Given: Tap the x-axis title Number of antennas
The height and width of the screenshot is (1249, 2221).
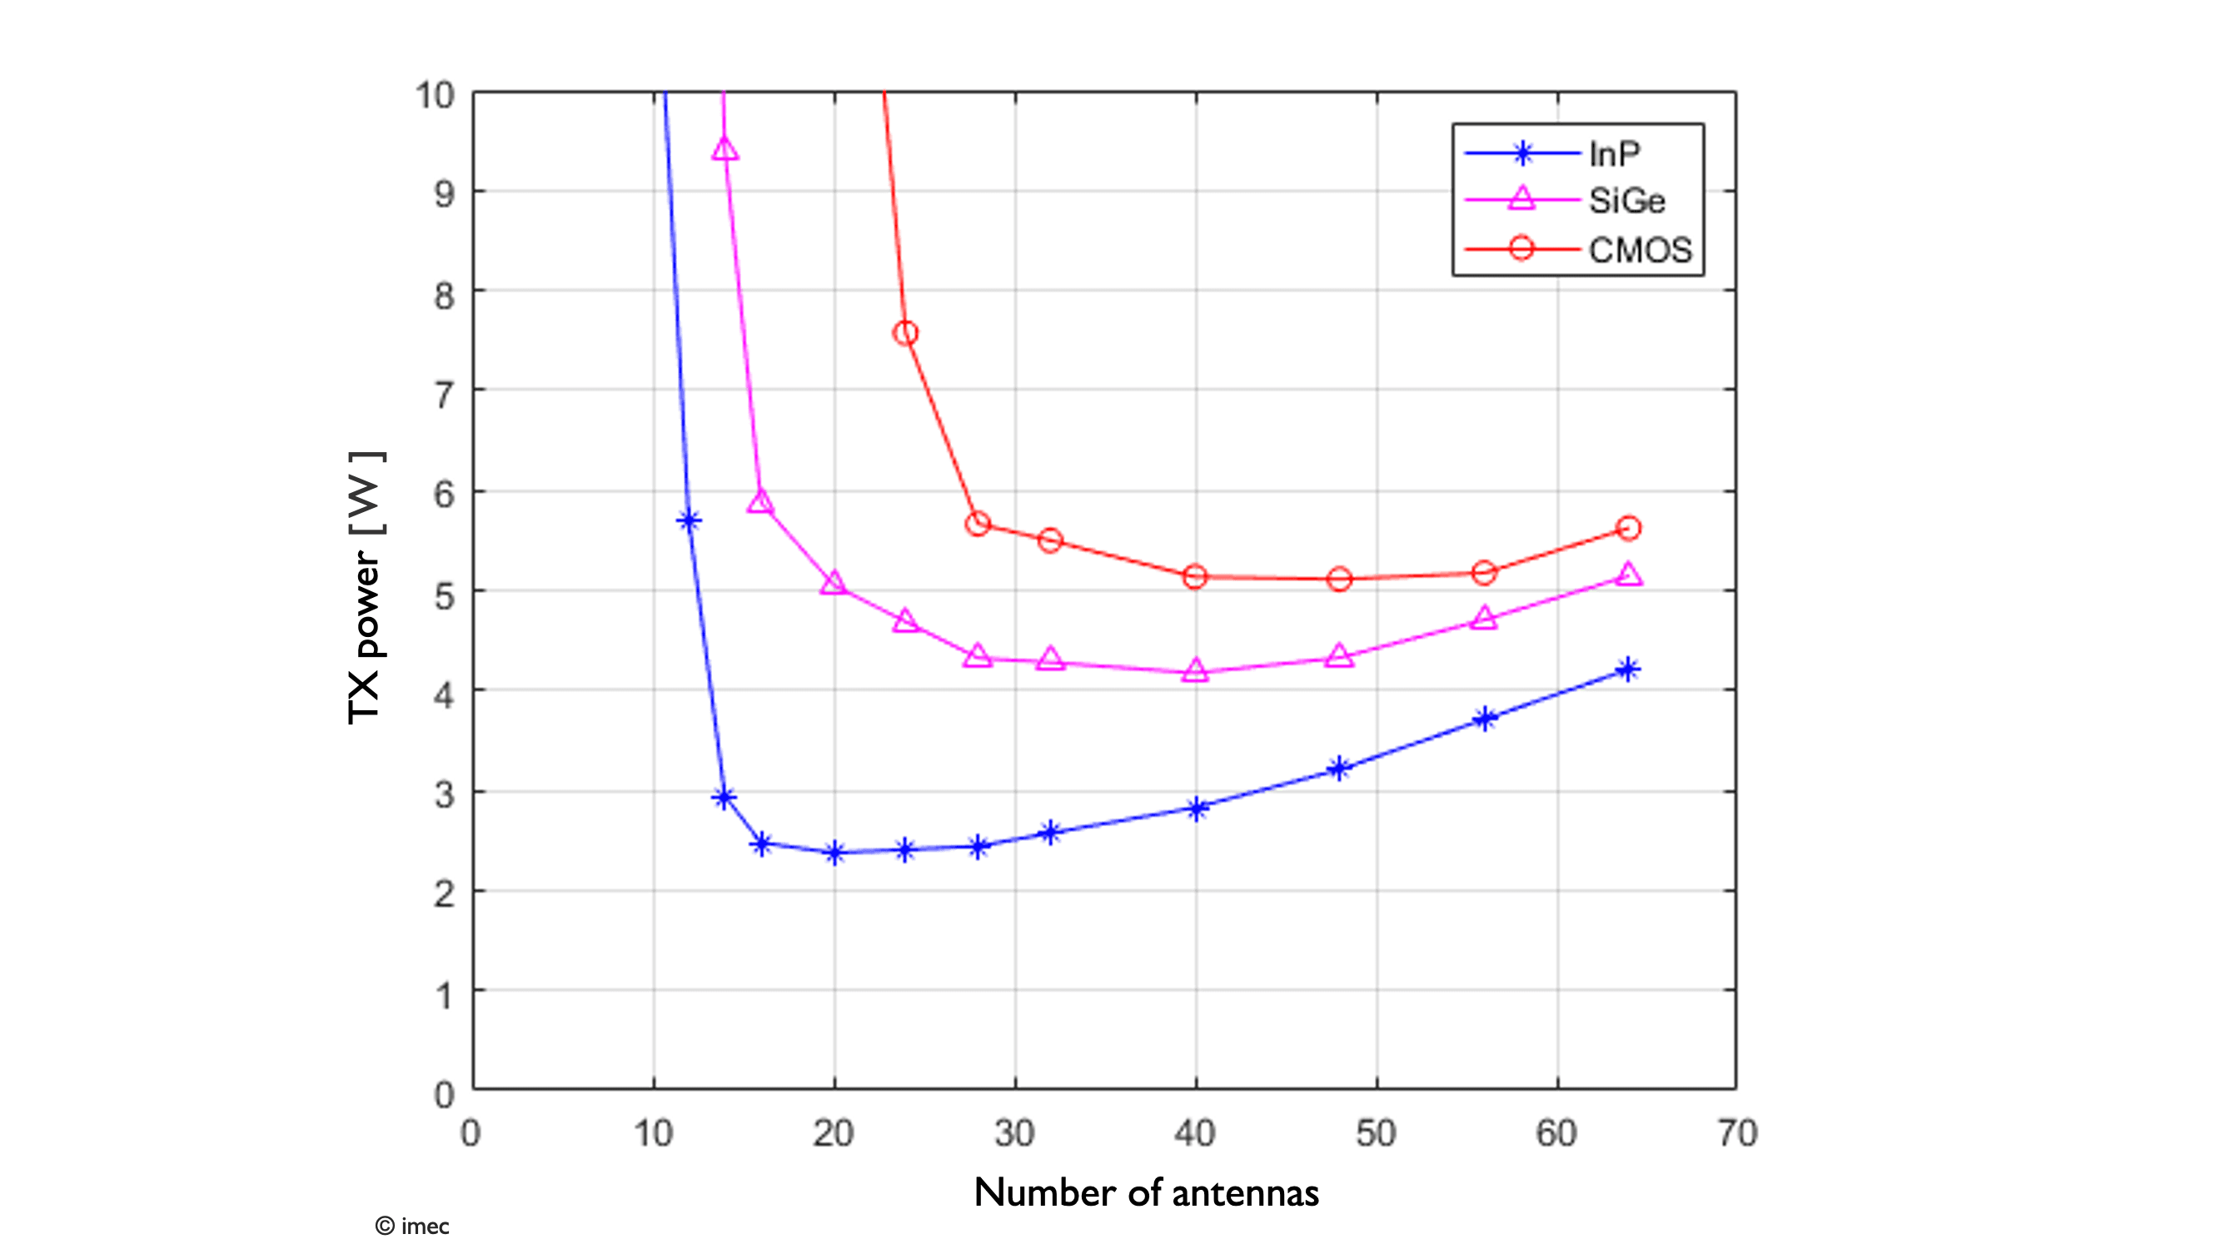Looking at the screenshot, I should point(1146,1193).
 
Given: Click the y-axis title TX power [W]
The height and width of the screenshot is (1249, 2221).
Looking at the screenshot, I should point(366,588).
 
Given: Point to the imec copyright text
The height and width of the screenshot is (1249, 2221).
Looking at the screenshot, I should point(412,1226).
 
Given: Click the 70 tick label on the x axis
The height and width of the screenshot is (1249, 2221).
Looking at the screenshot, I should point(1736,1133).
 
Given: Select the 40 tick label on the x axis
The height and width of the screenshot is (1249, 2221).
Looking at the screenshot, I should point(1195,1133).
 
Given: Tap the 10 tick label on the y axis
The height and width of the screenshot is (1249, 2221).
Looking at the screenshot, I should point(435,96).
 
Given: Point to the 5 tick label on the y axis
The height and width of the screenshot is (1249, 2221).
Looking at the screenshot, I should point(444,595).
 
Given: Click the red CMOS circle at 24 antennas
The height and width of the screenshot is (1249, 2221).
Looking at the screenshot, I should point(905,334).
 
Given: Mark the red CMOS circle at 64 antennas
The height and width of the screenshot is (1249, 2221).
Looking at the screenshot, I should point(1629,529).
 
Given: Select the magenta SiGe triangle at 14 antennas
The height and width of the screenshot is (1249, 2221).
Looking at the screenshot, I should point(725,149).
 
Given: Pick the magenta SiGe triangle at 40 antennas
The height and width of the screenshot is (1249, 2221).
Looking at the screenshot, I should point(1195,670).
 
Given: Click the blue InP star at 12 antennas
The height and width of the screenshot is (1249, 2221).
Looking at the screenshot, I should point(689,520).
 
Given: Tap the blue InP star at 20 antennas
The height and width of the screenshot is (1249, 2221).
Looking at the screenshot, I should point(834,853).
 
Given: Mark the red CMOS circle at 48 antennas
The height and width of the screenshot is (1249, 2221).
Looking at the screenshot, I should point(1339,580).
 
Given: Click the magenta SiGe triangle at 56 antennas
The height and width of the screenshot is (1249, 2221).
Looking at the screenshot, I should point(1484,618).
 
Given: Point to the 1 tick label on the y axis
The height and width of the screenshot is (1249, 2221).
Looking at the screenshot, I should point(444,997).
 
